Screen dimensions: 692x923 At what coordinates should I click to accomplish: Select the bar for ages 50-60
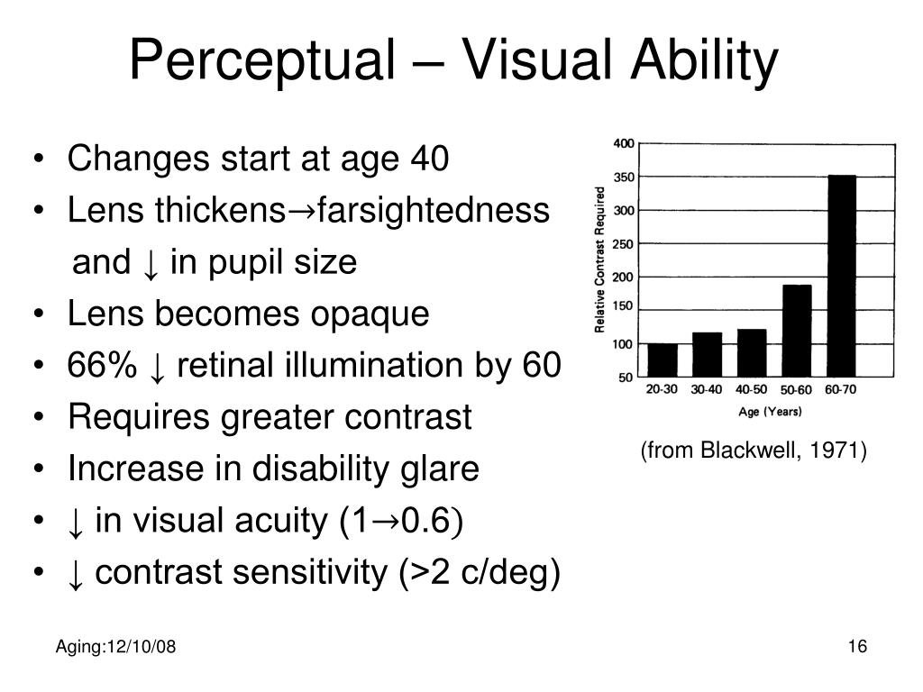(797, 330)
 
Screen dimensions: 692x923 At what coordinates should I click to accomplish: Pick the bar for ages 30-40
(707, 353)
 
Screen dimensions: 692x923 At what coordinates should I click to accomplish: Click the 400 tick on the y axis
(624, 143)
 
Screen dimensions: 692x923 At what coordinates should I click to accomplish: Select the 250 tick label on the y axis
(624, 243)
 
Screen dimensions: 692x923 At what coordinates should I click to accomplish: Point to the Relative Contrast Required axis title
(599, 259)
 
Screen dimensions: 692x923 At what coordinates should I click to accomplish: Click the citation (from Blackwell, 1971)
(754, 451)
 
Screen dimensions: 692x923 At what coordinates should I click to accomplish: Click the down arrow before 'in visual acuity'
(77, 522)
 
